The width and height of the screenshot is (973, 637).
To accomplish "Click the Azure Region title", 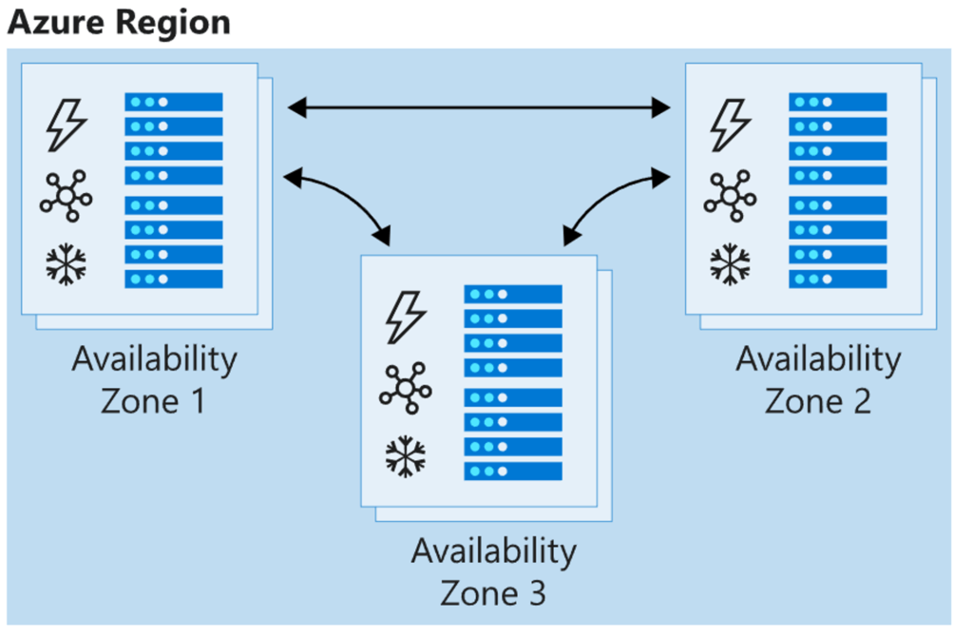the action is (x=119, y=23).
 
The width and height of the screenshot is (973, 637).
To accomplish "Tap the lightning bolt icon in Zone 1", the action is (x=67, y=125).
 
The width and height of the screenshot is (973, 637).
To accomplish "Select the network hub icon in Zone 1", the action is (x=67, y=196).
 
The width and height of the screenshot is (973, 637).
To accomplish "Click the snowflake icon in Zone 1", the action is (x=67, y=264).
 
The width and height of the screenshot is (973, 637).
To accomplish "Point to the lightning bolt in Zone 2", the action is (x=731, y=125).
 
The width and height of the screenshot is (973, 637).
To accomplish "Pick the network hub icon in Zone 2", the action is (x=731, y=196).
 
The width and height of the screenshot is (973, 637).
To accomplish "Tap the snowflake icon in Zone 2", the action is (x=731, y=264).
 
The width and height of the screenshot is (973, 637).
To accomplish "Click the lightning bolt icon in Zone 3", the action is (x=406, y=318).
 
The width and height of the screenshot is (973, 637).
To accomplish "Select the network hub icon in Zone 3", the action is (x=406, y=389).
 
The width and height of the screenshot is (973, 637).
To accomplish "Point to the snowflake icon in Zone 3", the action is (x=406, y=457).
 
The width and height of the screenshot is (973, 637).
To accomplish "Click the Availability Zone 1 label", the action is (x=155, y=379).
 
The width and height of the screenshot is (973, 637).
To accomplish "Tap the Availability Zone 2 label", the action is (x=818, y=379).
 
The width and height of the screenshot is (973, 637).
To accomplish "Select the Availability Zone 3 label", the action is (x=494, y=571).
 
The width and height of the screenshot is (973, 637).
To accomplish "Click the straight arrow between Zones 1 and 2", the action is (x=479, y=108).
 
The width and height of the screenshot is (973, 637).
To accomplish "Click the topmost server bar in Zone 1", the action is (x=174, y=102).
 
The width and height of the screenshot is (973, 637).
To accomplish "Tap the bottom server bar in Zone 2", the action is (x=838, y=279).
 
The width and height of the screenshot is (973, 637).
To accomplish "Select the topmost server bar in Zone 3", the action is (x=513, y=295).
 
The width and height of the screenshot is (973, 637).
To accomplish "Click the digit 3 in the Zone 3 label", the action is (x=537, y=593).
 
